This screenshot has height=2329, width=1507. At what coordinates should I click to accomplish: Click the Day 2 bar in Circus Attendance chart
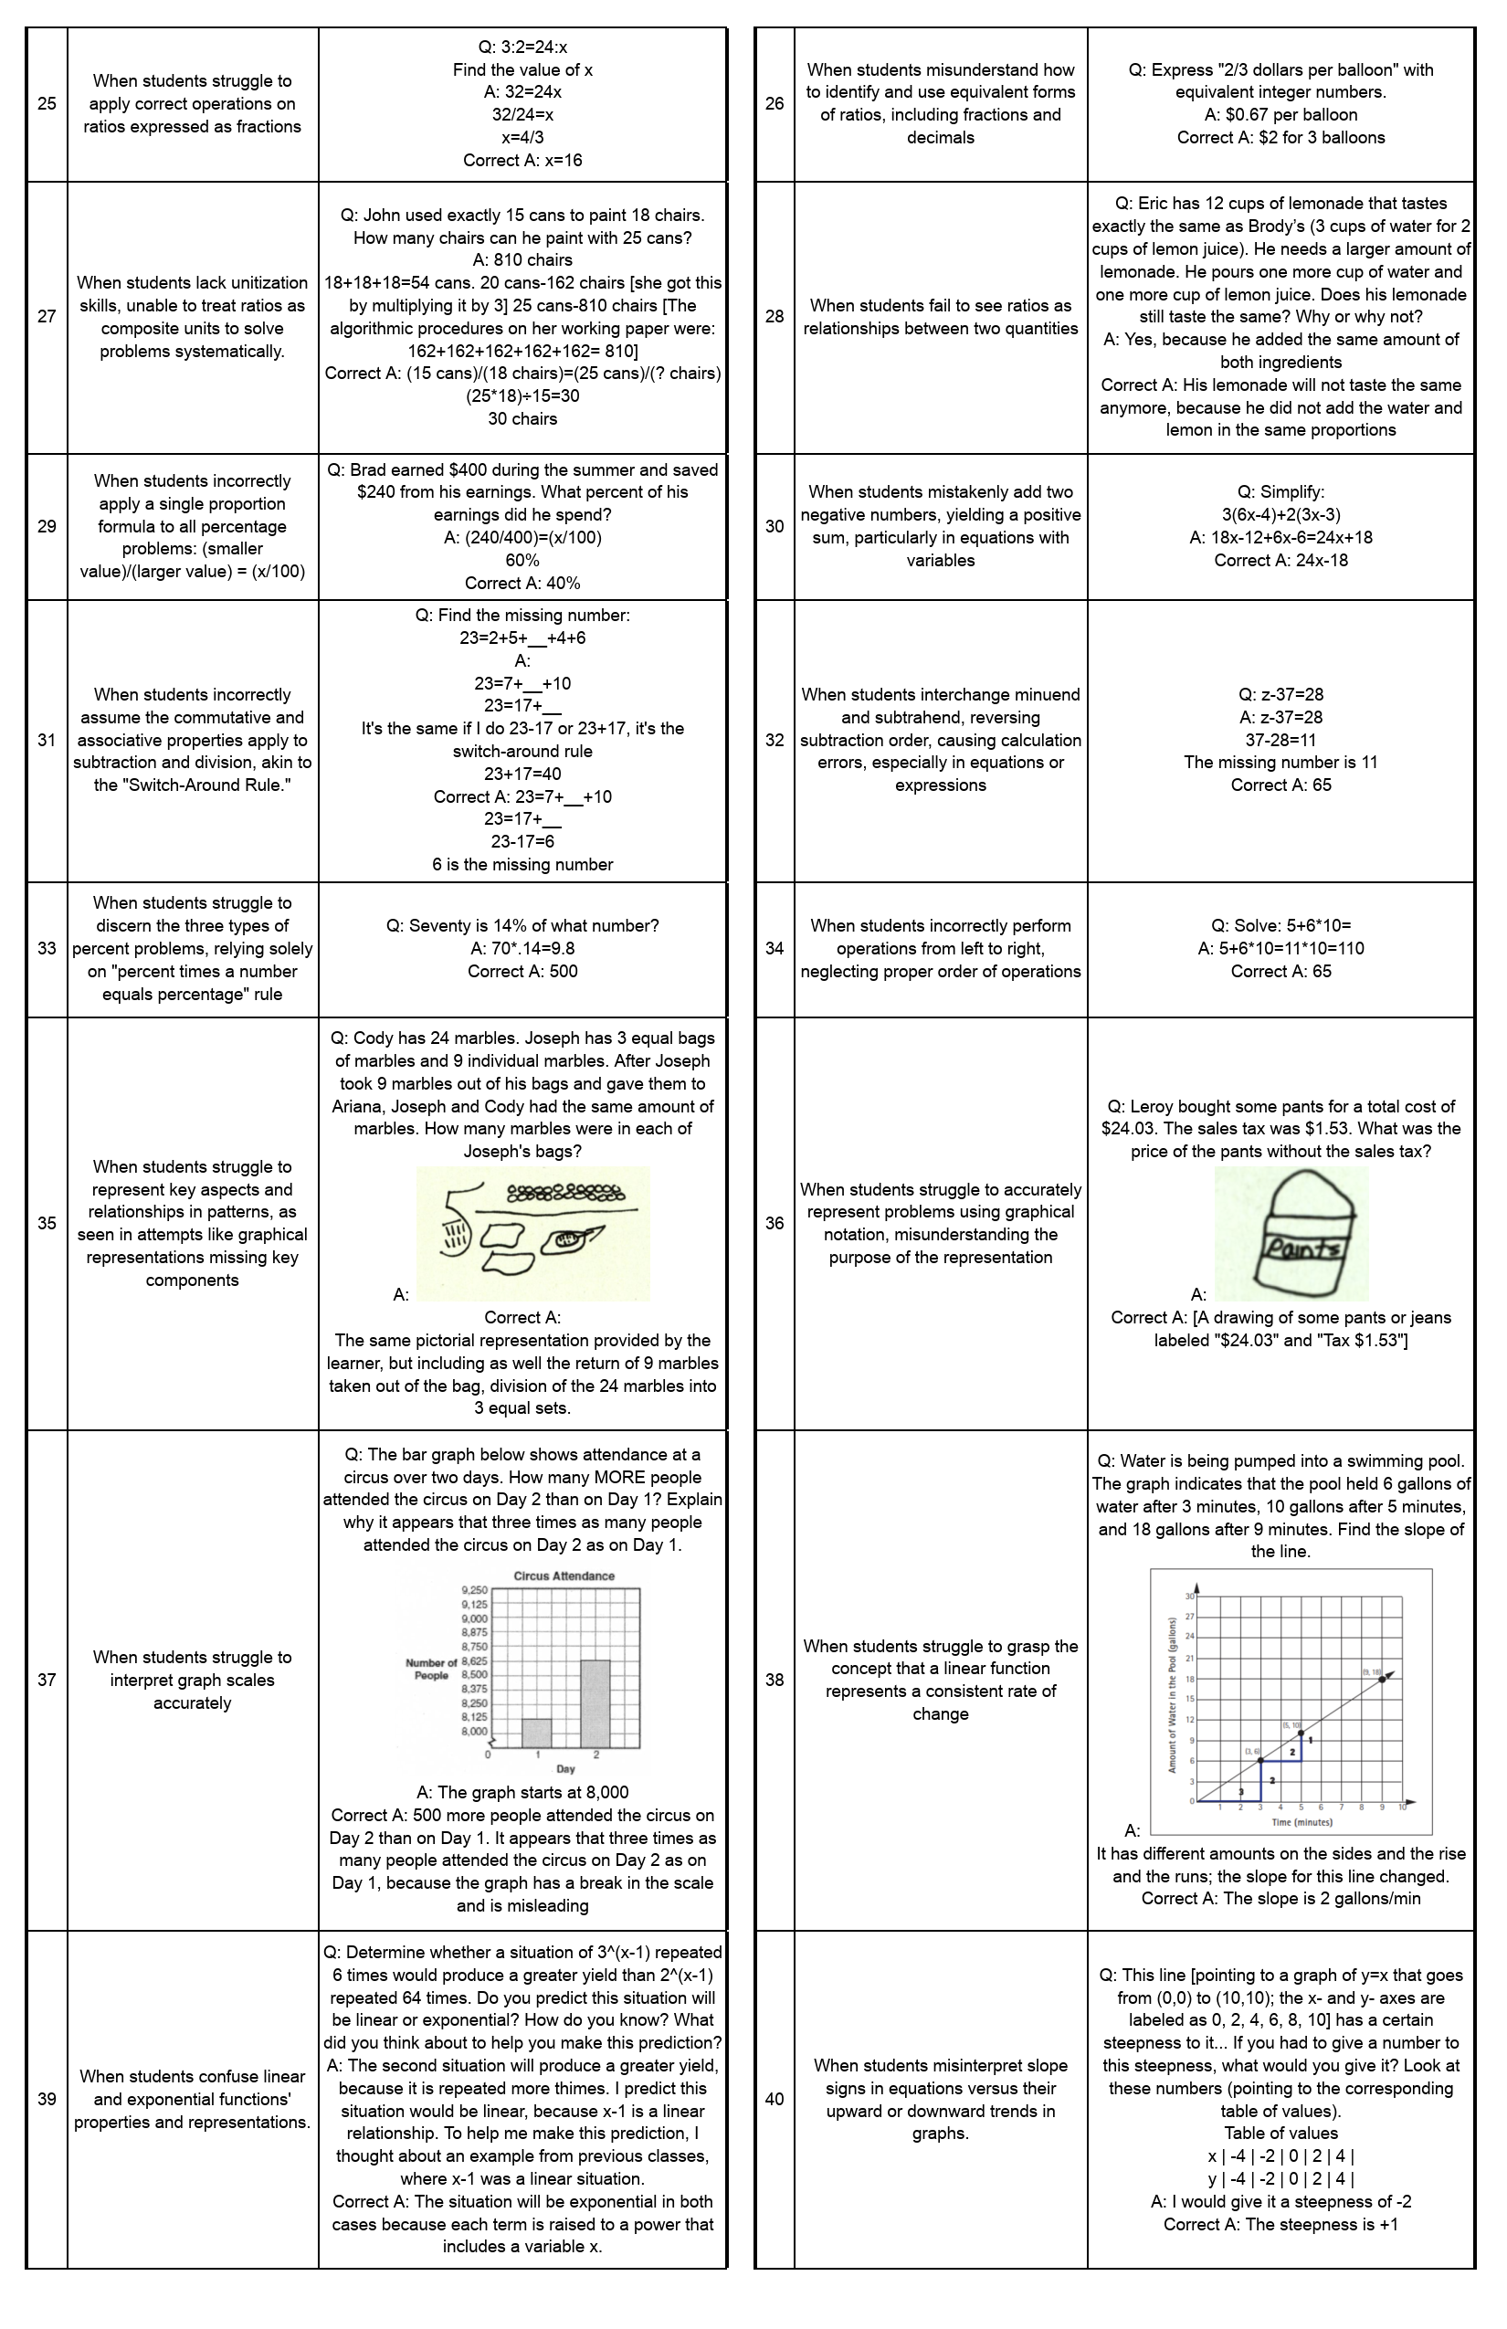[x=595, y=1702]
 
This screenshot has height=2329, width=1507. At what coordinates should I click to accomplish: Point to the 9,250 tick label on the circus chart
[x=474, y=1590]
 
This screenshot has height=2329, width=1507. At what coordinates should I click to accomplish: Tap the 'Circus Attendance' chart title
[x=564, y=1575]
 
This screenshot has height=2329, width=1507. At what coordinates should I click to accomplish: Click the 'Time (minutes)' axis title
[x=1302, y=1822]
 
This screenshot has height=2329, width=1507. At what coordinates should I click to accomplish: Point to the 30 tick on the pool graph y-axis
[x=1190, y=1597]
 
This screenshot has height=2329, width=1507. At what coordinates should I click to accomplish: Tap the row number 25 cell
[x=47, y=104]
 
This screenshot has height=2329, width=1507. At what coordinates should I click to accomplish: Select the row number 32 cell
[x=775, y=740]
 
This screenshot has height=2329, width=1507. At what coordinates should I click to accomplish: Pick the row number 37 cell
[x=47, y=1681]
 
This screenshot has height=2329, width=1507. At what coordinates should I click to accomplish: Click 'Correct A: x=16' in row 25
[x=522, y=161]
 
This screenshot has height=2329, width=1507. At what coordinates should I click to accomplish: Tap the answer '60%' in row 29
[x=522, y=560]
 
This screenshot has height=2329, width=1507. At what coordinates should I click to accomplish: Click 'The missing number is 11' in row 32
[x=1280, y=763]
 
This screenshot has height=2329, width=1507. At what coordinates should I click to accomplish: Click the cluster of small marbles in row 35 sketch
[x=565, y=1193]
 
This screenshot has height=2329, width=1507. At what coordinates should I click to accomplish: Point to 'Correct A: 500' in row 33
[x=522, y=971]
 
